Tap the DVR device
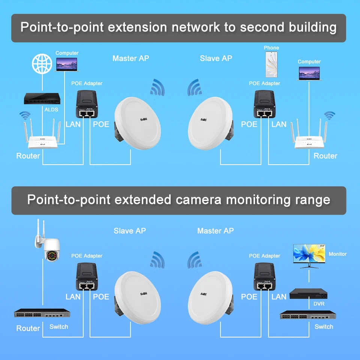[309, 294]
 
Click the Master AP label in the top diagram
[130, 58]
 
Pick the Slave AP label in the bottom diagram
[130, 231]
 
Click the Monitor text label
[337, 254]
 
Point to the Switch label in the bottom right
[324, 327]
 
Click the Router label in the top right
[325, 156]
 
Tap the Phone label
[271, 48]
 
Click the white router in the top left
[42, 141]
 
